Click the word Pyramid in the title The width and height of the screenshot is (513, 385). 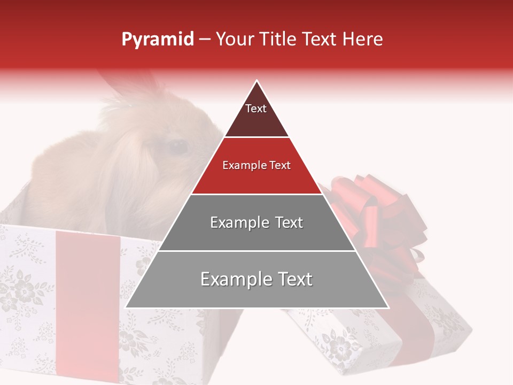tap(157, 40)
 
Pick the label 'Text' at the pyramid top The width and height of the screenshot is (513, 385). tap(256, 109)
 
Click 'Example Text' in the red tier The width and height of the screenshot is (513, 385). tap(256, 165)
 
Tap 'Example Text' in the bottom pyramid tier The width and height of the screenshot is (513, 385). tap(256, 279)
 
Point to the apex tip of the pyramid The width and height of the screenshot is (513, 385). tap(256, 81)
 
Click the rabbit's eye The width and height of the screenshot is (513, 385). tap(178, 147)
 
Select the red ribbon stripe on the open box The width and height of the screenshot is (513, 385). tap(88, 299)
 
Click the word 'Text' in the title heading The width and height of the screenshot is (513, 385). tap(321, 40)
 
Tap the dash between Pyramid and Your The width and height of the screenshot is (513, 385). tap(205, 40)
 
